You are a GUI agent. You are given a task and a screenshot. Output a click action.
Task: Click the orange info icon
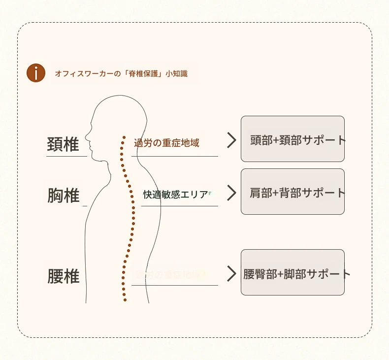(x=36, y=73)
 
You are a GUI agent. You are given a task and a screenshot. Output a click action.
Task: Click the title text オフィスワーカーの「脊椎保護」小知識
(x=121, y=74)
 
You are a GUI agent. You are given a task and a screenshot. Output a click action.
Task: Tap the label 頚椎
(x=63, y=144)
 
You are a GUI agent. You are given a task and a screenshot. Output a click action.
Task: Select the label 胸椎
(x=64, y=196)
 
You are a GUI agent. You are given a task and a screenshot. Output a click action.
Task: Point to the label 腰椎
(x=64, y=276)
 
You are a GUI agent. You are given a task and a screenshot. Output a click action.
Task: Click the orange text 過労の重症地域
(x=166, y=143)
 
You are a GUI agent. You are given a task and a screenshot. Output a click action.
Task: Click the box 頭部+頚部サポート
(x=292, y=139)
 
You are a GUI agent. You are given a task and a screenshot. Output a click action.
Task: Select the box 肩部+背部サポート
(x=292, y=192)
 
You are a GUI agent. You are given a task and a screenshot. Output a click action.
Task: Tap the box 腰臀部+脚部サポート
(x=292, y=273)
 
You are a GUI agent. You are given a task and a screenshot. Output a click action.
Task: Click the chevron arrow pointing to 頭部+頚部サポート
(x=231, y=140)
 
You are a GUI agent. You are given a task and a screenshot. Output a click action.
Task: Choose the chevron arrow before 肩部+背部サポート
(x=231, y=193)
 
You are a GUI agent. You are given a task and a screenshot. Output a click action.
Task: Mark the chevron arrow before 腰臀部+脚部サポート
(x=231, y=273)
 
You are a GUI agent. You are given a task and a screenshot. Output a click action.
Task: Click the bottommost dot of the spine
(x=125, y=299)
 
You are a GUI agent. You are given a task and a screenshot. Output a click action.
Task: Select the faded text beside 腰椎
(x=168, y=274)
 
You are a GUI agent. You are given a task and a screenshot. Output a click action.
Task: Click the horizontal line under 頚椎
(x=66, y=156)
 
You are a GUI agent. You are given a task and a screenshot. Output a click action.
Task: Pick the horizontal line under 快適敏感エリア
(x=179, y=206)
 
